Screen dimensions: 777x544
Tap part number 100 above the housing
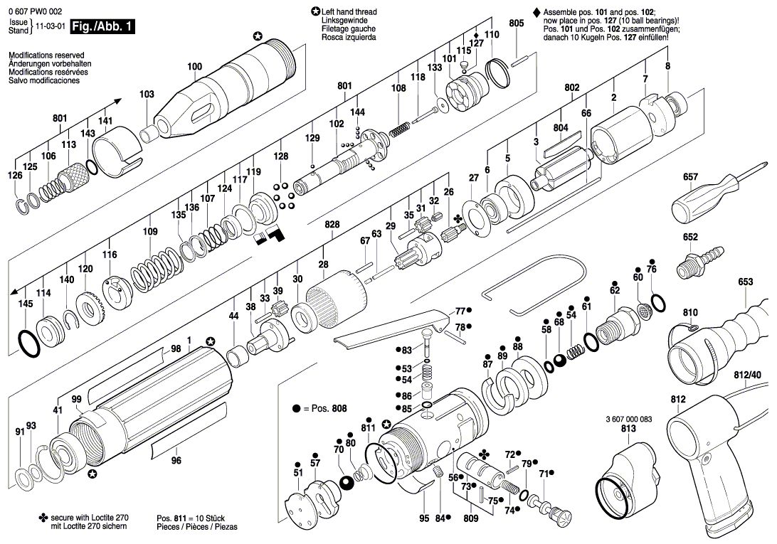tap(195, 66)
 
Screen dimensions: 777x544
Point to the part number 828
tap(332, 225)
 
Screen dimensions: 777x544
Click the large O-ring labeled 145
tap(28, 343)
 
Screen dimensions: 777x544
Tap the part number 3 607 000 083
tap(628, 419)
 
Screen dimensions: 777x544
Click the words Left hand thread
tap(349, 12)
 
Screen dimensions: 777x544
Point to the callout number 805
tap(516, 23)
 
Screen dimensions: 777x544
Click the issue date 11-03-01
tap(51, 26)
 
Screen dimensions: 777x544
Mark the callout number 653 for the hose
tap(745, 282)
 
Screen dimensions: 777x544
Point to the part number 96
tap(176, 460)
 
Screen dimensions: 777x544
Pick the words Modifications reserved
tap(46, 55)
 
